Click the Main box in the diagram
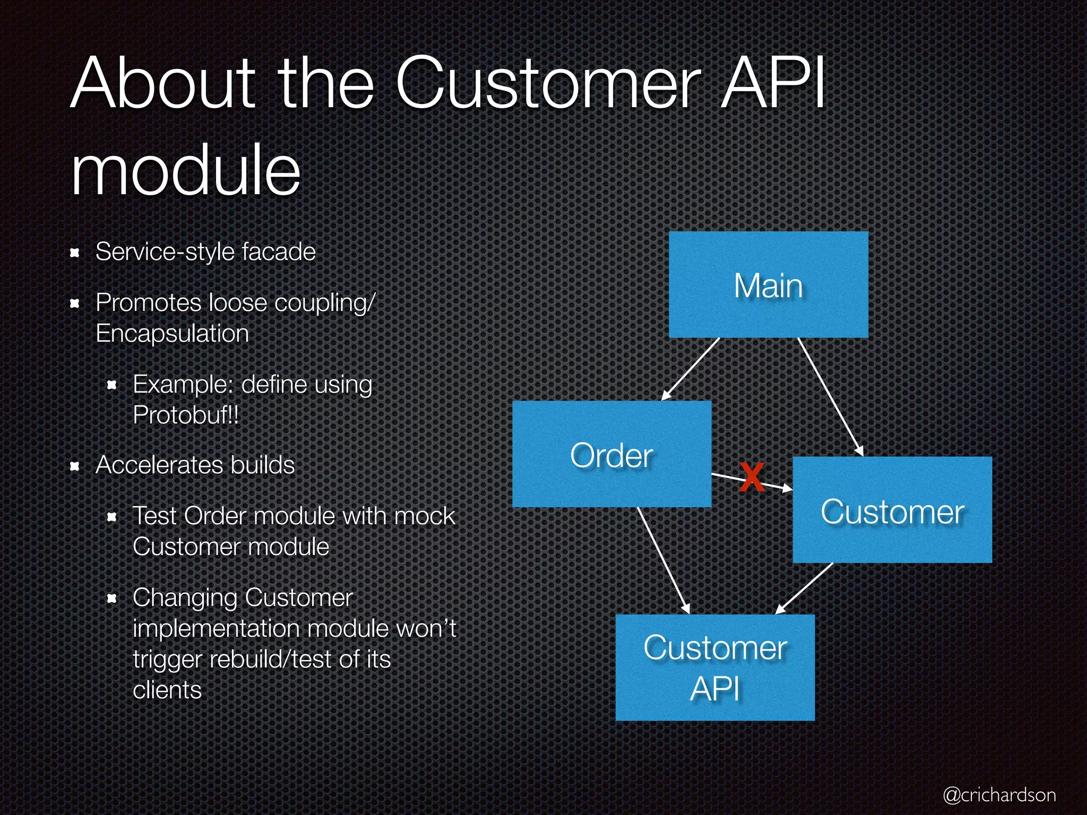coord(768,285)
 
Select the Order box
coord(611,454)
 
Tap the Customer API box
coord(715,667)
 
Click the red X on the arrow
coord(752,477)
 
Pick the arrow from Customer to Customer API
coord(805,588)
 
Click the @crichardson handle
coord(999,794)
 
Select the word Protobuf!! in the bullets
coord(186,415)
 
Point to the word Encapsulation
coord(172,333)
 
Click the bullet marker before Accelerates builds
coord(75,466)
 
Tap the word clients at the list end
coord(167,690)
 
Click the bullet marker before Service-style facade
coord(75,253)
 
